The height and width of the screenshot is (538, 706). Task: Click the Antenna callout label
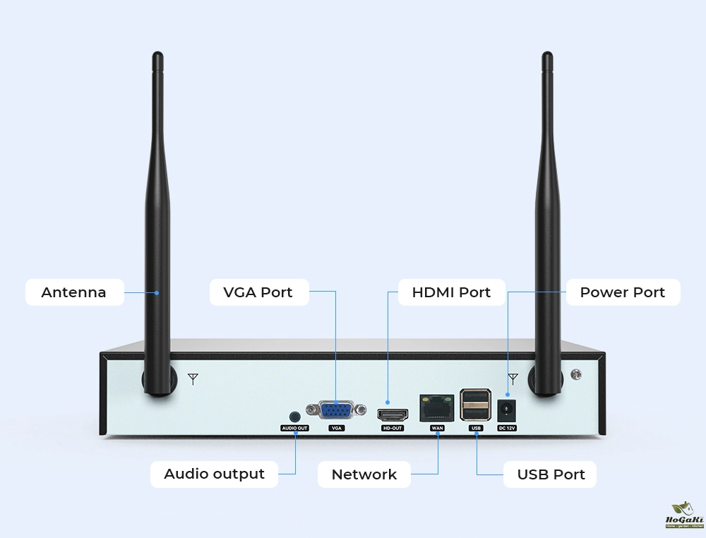[74, 292]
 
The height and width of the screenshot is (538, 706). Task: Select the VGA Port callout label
[258, 292]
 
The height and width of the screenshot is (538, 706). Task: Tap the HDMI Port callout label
[451, 292]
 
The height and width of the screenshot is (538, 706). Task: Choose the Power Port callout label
[623, 292]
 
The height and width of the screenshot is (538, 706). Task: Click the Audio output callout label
[214, 474]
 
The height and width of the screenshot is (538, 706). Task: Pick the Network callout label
[364, 474]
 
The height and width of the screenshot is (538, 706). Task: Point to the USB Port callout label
[551, 474]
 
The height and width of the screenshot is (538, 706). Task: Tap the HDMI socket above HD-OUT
[392, 414]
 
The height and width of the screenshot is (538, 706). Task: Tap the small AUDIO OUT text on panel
[295, 428]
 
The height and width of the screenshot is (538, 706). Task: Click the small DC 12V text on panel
[507, 428]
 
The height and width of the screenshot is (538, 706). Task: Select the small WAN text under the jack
[437, 428]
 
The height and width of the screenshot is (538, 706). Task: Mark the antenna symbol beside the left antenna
[193, 379]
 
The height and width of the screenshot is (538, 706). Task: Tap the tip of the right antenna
[546, 56]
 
